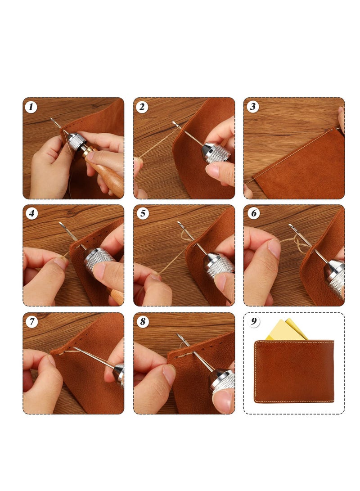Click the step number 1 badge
tap(31, 107)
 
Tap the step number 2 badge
tap(142, 107)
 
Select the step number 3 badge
tap(253, 107)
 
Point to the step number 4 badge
tap(31, 213)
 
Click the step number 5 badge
tap(142, 213)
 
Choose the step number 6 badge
tap(253, 213)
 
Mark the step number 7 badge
tap(31, 322)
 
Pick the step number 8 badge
tap(142, 322)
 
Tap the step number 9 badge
tap(253, 322)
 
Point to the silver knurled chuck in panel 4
tap(99, 259)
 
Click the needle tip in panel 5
tap(179, 223)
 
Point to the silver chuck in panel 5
tap(219, 266)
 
